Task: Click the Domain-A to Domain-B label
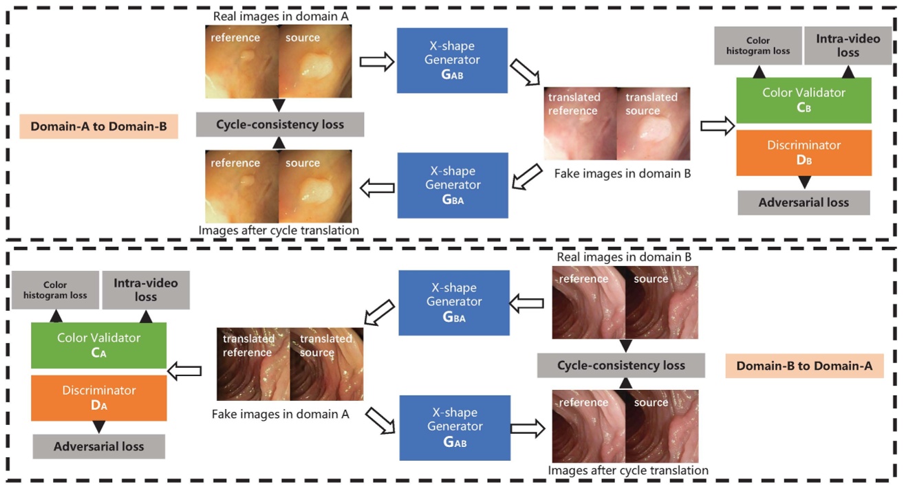pos(99,127)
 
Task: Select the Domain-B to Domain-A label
pos(804,367)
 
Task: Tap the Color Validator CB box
pos(804,100)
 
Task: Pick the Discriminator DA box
pos(98,397)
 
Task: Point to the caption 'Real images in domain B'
pos(625,257)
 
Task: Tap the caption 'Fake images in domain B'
pos(622,174)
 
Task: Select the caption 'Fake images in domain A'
pos(280,414)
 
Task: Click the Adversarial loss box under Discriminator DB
pos(804,203)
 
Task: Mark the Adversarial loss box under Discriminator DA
pos(98,447)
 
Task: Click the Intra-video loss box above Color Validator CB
pos(848,46)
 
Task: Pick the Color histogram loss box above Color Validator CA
pos(65,290)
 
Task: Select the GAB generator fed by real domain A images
pos(452,61)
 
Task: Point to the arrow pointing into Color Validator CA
pos(184,371)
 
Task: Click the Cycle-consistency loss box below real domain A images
pos(279,124)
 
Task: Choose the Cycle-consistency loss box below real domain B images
pos(621,365)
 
